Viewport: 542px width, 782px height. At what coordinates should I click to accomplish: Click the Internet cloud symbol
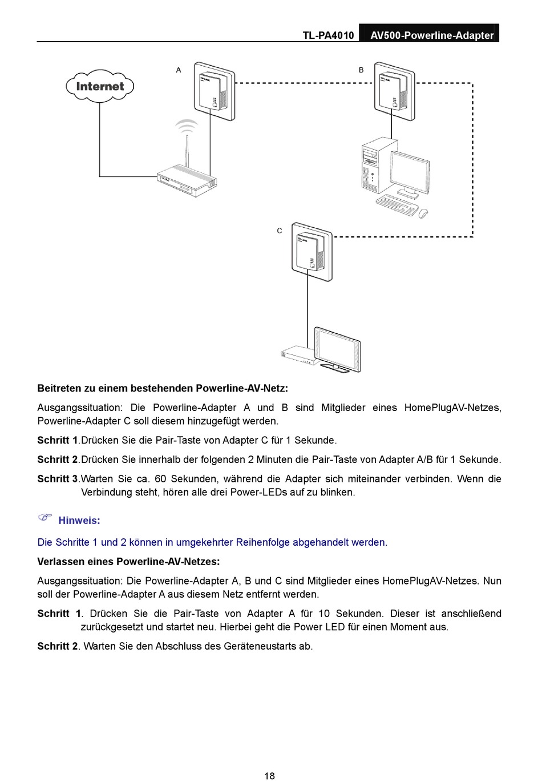100,86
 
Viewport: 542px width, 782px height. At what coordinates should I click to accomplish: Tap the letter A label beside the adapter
179,70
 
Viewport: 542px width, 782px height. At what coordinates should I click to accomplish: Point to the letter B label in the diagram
361,70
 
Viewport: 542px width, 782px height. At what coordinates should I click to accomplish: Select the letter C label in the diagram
280,231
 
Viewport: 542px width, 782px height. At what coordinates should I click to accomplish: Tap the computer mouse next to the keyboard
423,213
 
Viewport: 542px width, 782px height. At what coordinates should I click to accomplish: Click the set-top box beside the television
298,354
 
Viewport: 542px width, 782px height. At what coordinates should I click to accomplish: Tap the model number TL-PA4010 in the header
328,35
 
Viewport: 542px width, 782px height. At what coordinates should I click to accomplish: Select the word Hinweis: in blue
79,521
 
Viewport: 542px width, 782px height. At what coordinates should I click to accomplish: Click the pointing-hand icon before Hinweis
45,517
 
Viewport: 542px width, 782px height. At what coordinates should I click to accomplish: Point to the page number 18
270,775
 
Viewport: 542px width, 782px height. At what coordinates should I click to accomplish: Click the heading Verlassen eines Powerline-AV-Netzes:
128,562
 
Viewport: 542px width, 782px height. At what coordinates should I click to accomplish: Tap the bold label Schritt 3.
58,479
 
